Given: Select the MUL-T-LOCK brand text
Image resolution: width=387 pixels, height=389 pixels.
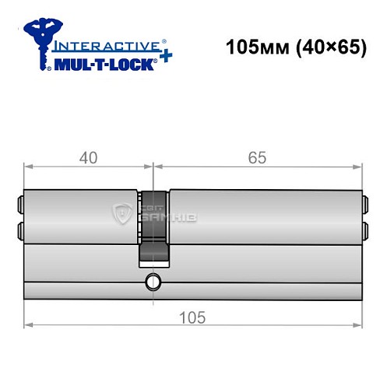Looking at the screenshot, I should tap(105, 63).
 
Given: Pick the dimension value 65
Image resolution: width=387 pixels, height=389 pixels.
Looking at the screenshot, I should tap(258, 158).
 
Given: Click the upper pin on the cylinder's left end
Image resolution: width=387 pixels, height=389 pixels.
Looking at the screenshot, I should tap(19, 207).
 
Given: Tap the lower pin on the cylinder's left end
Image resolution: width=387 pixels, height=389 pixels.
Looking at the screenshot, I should tap(19, 230).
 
